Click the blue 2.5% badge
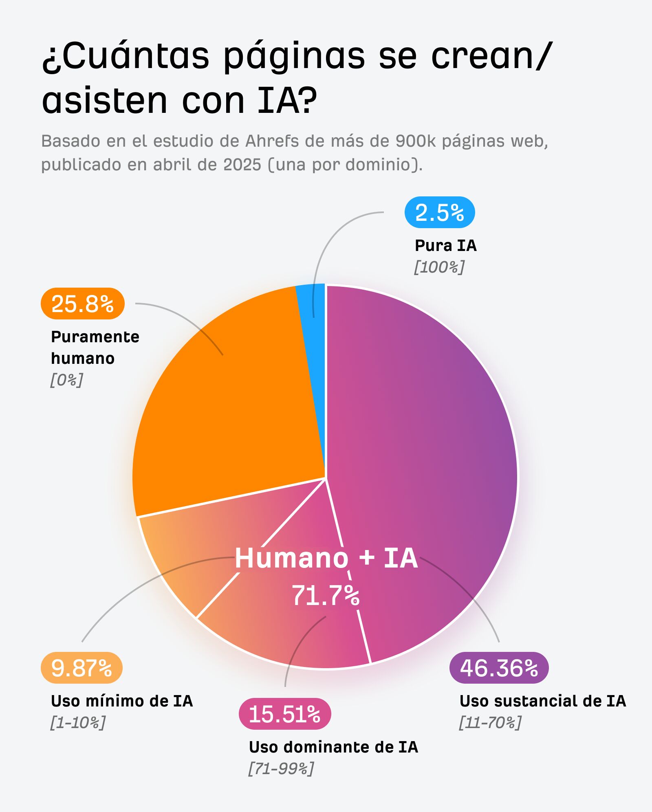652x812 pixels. pyautogui.click(x=439, y=212)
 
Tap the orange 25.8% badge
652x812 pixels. pyautogui.click(x=82, y=304)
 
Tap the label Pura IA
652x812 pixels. pyautogui.click(x=445, y=246)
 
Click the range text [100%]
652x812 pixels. pyautogui.click(x=439, y=267)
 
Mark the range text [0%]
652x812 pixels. pyautogui.click(x=66, y=380)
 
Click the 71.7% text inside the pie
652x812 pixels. pyautogui.click(x=325, y=596)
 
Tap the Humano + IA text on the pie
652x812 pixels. pyautogui.click(x=326, y=558)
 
